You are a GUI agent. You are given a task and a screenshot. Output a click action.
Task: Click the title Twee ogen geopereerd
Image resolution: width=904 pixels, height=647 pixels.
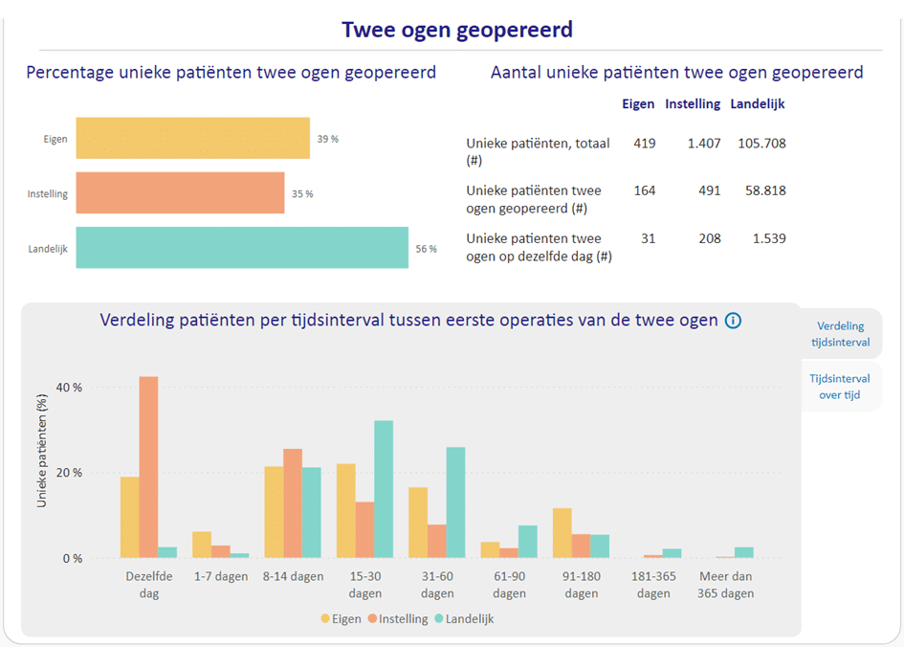[x=457, y=30]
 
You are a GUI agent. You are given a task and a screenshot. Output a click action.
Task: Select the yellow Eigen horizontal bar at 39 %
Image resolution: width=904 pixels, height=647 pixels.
[x=192, y=138]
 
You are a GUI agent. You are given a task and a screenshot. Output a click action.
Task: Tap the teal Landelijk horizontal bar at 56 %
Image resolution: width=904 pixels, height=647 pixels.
[x=242, y=248]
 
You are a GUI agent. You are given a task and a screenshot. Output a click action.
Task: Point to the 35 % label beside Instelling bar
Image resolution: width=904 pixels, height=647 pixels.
[x=302, y=193]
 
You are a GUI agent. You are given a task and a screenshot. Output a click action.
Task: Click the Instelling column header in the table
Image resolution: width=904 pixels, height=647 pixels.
[x=692, y=104]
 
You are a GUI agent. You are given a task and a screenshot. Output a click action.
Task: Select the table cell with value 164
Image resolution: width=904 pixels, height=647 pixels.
[x=644, y=190]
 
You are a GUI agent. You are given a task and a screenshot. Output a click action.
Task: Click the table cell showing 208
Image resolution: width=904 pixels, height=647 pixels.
[x=709, y=238]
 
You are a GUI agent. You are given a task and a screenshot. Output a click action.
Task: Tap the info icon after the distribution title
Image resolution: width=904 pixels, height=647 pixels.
[x=733, y=321]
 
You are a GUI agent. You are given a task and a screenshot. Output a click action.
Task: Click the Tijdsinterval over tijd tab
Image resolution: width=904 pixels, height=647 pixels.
[x=843, y=387]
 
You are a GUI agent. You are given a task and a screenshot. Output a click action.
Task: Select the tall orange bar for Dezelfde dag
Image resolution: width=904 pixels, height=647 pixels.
[x=148, y=467]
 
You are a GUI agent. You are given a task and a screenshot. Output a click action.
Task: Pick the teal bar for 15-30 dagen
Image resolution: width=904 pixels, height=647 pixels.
[x=384, y=489]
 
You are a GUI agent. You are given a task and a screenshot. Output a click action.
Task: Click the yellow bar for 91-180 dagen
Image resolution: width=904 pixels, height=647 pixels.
[x=562, y=533]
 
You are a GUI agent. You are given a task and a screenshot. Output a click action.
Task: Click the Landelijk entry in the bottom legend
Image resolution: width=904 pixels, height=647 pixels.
[x=464, y=619]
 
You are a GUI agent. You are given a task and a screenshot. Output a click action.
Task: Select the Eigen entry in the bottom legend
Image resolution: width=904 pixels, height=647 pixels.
[x=342, y=619]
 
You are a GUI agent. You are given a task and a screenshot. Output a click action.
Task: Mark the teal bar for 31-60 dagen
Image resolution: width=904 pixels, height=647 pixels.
[x=455, y=502]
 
